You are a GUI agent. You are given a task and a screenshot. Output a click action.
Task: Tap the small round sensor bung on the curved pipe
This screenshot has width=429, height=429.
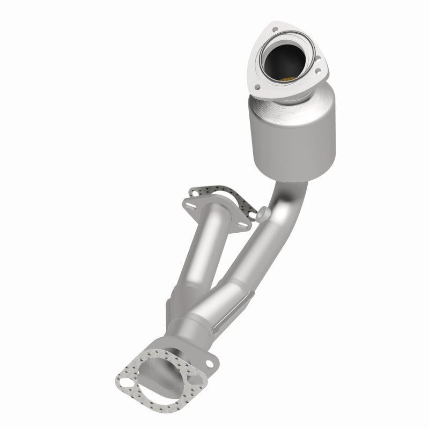pyautogui.click(x=263, y=213)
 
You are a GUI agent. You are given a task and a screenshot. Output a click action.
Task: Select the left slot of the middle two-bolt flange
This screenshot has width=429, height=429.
pyautogui.click(x=190, y=203)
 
